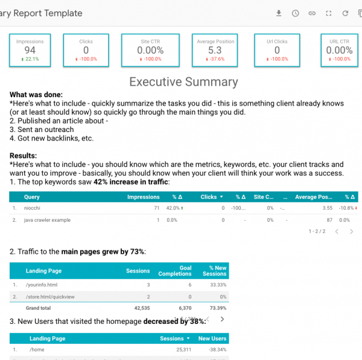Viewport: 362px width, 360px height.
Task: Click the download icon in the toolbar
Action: [x=279, y=13]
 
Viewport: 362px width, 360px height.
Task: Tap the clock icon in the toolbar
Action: [x=295, y=13]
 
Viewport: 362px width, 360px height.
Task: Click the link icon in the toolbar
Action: [x=312, y=13]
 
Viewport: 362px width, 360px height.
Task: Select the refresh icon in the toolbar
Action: [x=345, y=13]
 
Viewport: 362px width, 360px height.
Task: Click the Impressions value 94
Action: [x=30, y=51]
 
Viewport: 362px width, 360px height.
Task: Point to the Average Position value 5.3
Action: [x=214, y=51]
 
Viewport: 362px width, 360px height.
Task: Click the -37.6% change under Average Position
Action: [x=214, y=60]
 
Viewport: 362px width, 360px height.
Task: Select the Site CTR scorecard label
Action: [x=150, y=42]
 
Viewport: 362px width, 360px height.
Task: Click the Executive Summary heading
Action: [x=184, y=82]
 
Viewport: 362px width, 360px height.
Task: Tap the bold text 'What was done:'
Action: [x=36, y=95]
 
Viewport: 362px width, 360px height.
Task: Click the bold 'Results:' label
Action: [x=24, y=156]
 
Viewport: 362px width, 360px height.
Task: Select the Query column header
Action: [x=32, y=197]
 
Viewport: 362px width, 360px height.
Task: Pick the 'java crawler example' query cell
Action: [x=47, y=220]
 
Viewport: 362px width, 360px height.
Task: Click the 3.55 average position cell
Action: [x=328, y=208]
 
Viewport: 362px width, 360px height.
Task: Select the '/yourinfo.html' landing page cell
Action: [x=43, y=284]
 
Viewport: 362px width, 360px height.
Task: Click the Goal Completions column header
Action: [x=175, y=271]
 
